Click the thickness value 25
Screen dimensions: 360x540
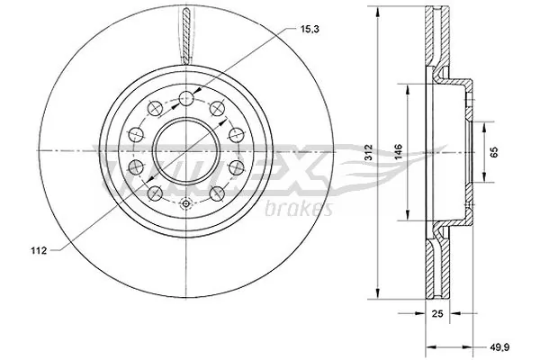(437, 315)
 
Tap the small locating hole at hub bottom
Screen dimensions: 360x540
(184, 204)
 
